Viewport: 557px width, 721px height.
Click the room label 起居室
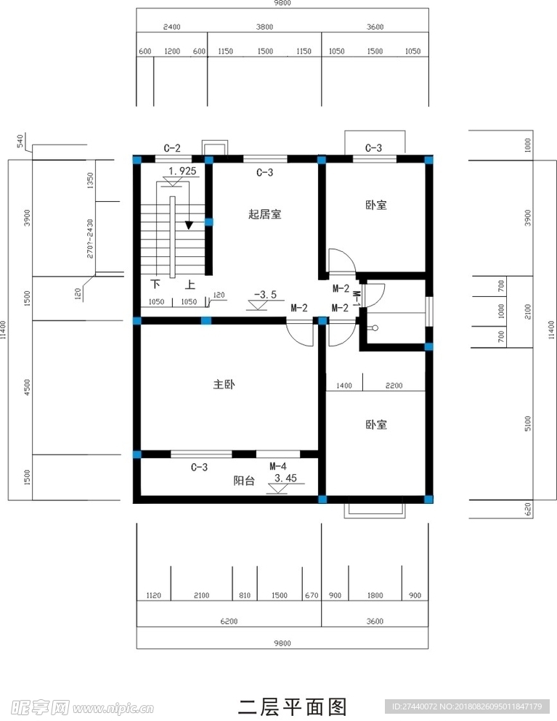pos(264,214)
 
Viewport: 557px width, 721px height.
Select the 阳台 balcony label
pos(244,480)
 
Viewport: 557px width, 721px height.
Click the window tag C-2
pos(172,148)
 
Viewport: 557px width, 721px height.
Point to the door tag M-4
pos(277,465)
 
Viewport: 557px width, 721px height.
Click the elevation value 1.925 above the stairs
pos(182,171)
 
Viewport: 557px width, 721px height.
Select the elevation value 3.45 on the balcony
pos(286,478)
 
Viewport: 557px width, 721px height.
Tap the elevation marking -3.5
pos(265,295)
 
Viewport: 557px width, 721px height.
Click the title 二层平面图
pos(293,706)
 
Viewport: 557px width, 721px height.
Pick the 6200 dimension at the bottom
pos(229,622)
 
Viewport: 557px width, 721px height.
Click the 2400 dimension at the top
pos(172,27)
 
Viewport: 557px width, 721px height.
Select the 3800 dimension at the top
pos(264,27)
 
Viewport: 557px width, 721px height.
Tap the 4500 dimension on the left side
pos(28,386)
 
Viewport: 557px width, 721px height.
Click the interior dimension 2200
pos(394,386)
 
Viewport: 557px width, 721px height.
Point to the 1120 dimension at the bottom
pos(153,595)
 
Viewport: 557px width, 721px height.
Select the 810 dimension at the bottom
pos(244,595)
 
